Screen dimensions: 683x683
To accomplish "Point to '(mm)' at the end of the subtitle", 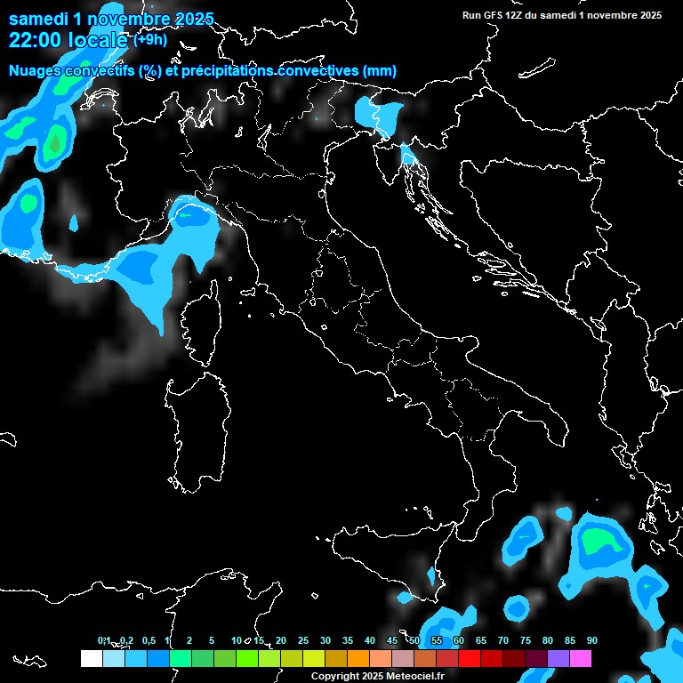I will [x=379, y=71].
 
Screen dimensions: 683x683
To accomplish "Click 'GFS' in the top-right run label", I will [x=500, y=15].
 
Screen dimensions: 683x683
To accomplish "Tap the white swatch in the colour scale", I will [x=91, y=658].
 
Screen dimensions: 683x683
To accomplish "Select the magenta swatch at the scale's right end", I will [x=581, y=658].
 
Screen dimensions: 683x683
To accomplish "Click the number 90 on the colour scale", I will [x=591, y=640].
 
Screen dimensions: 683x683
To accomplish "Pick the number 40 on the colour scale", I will [x=369, y=640].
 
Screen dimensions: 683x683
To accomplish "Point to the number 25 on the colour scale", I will [x=302, y=640].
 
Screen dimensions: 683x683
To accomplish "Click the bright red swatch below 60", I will [x=470, y=658].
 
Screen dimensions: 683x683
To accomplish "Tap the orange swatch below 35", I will [x=358, y=658].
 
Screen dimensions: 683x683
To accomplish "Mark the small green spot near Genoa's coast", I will [x=185, y=213].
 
